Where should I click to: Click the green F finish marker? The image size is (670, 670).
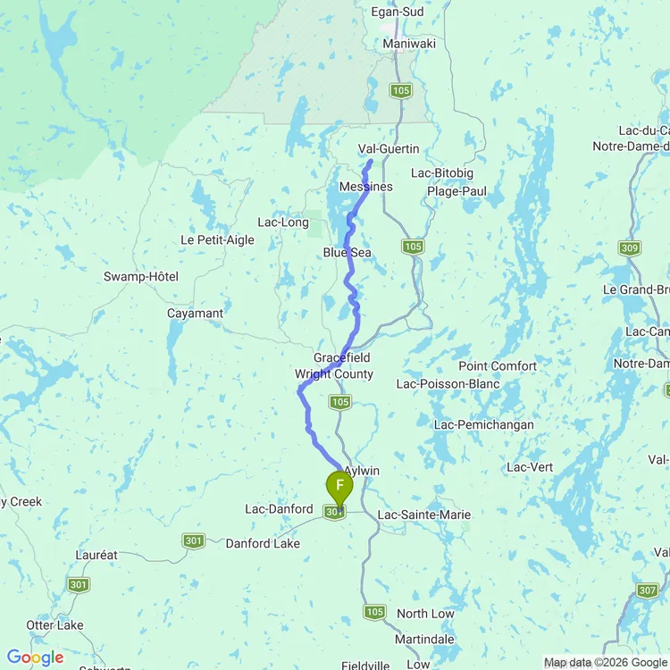pos(339,488)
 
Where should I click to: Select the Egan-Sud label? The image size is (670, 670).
pos(403,13)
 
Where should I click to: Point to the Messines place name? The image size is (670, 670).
pos(366,186)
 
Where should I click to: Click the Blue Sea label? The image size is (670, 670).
pos(348,253)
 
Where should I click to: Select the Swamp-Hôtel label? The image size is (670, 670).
pos(141,277)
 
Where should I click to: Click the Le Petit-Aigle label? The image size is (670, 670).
pos(217,239)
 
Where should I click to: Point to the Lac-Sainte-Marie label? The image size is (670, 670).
pos(424,515)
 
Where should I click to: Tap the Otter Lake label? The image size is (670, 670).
pos(55,624)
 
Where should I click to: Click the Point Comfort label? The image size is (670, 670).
pos(498,366)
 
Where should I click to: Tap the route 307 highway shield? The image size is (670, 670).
pos(648,590)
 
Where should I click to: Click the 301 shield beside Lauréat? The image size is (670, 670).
pos(77,583)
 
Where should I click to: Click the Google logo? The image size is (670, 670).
pos(36,657)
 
